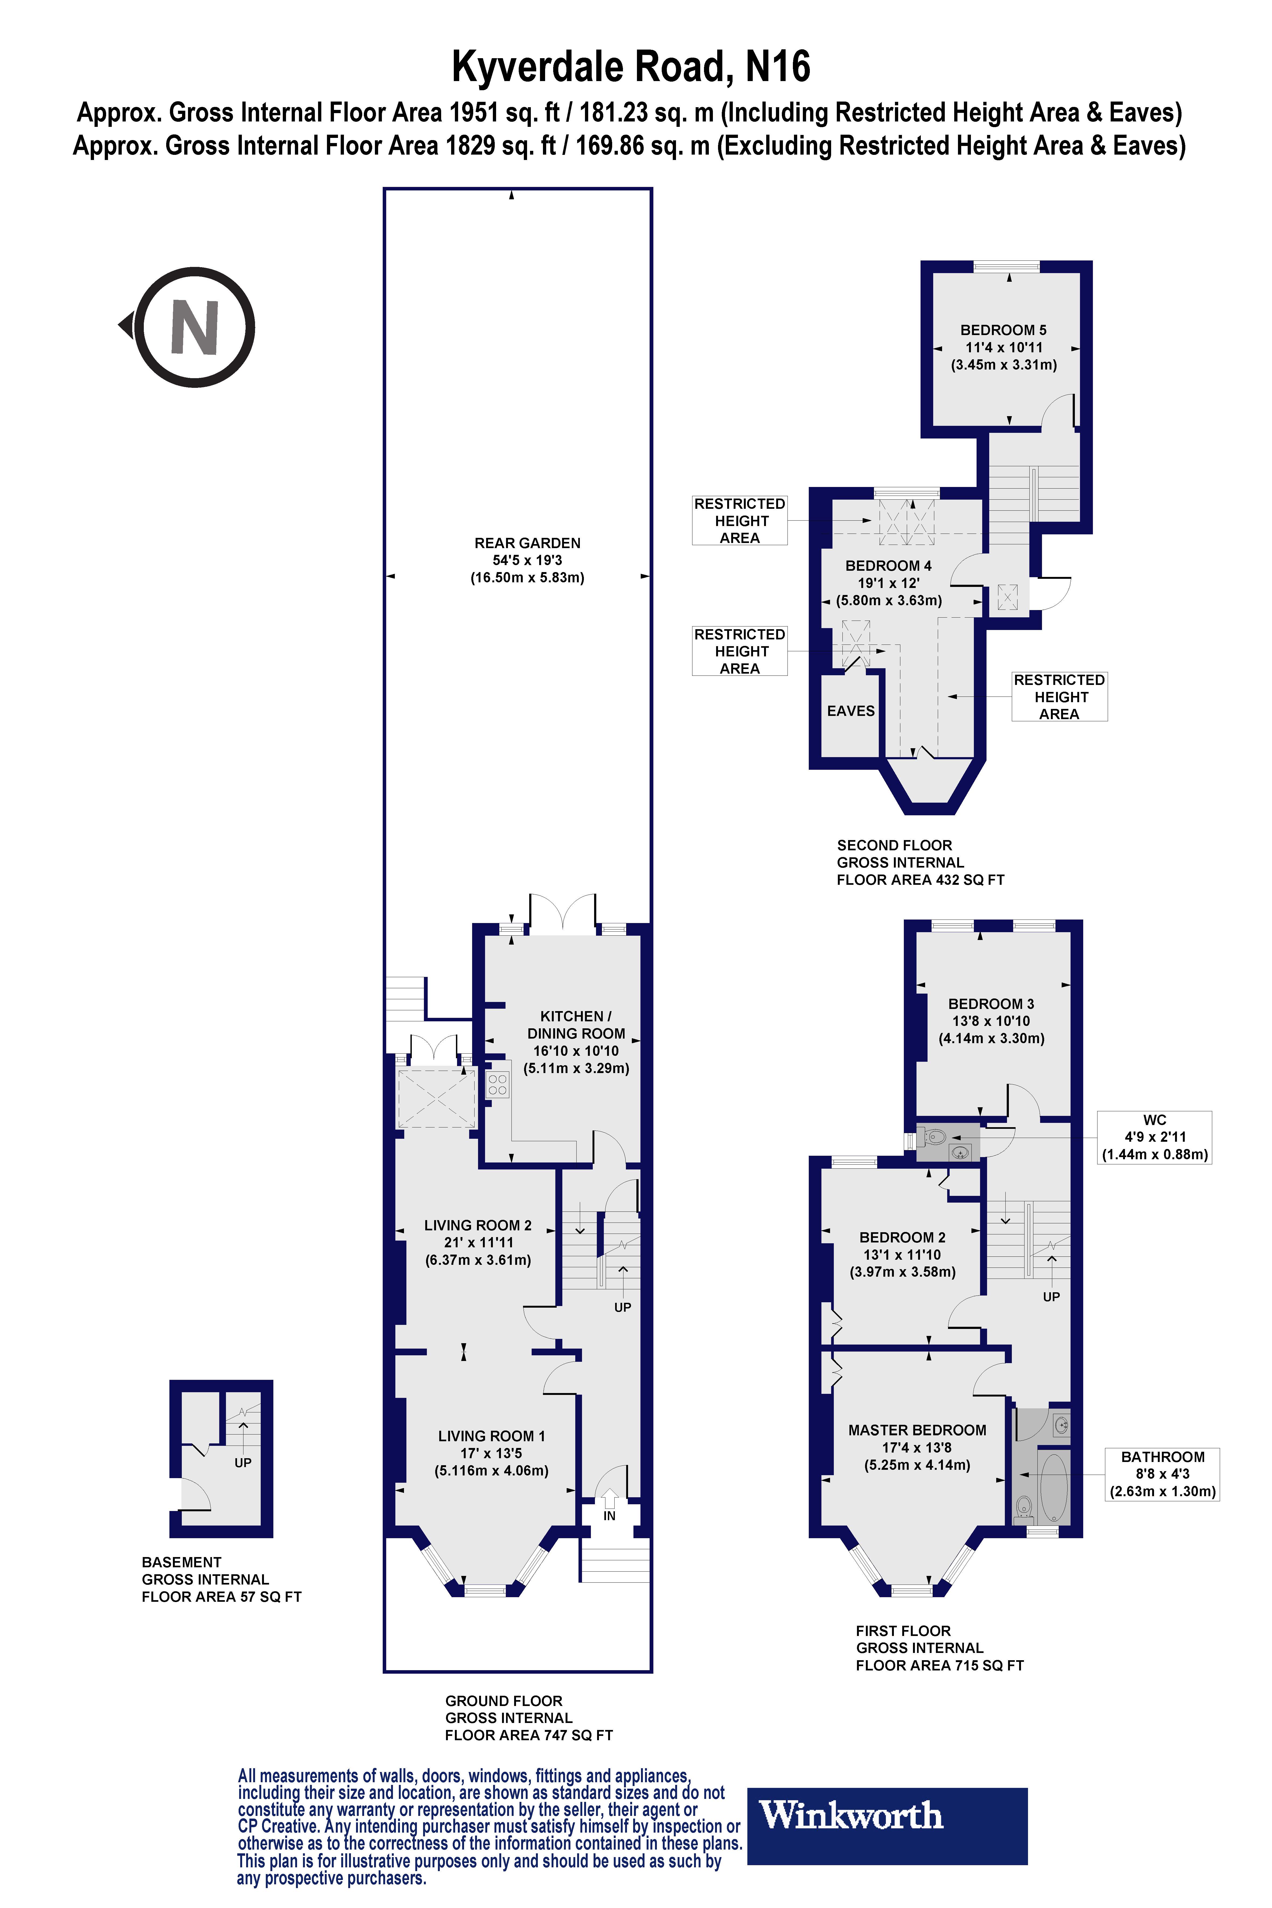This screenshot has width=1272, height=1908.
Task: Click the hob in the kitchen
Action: point(497,1085)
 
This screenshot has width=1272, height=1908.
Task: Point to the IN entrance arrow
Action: point(609,1501)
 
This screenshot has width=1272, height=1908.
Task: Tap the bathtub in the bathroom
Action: point(1054,1489)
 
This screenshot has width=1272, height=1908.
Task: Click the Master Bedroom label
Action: point(917,1430)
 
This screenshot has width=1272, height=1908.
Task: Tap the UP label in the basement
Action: point(243,1463)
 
